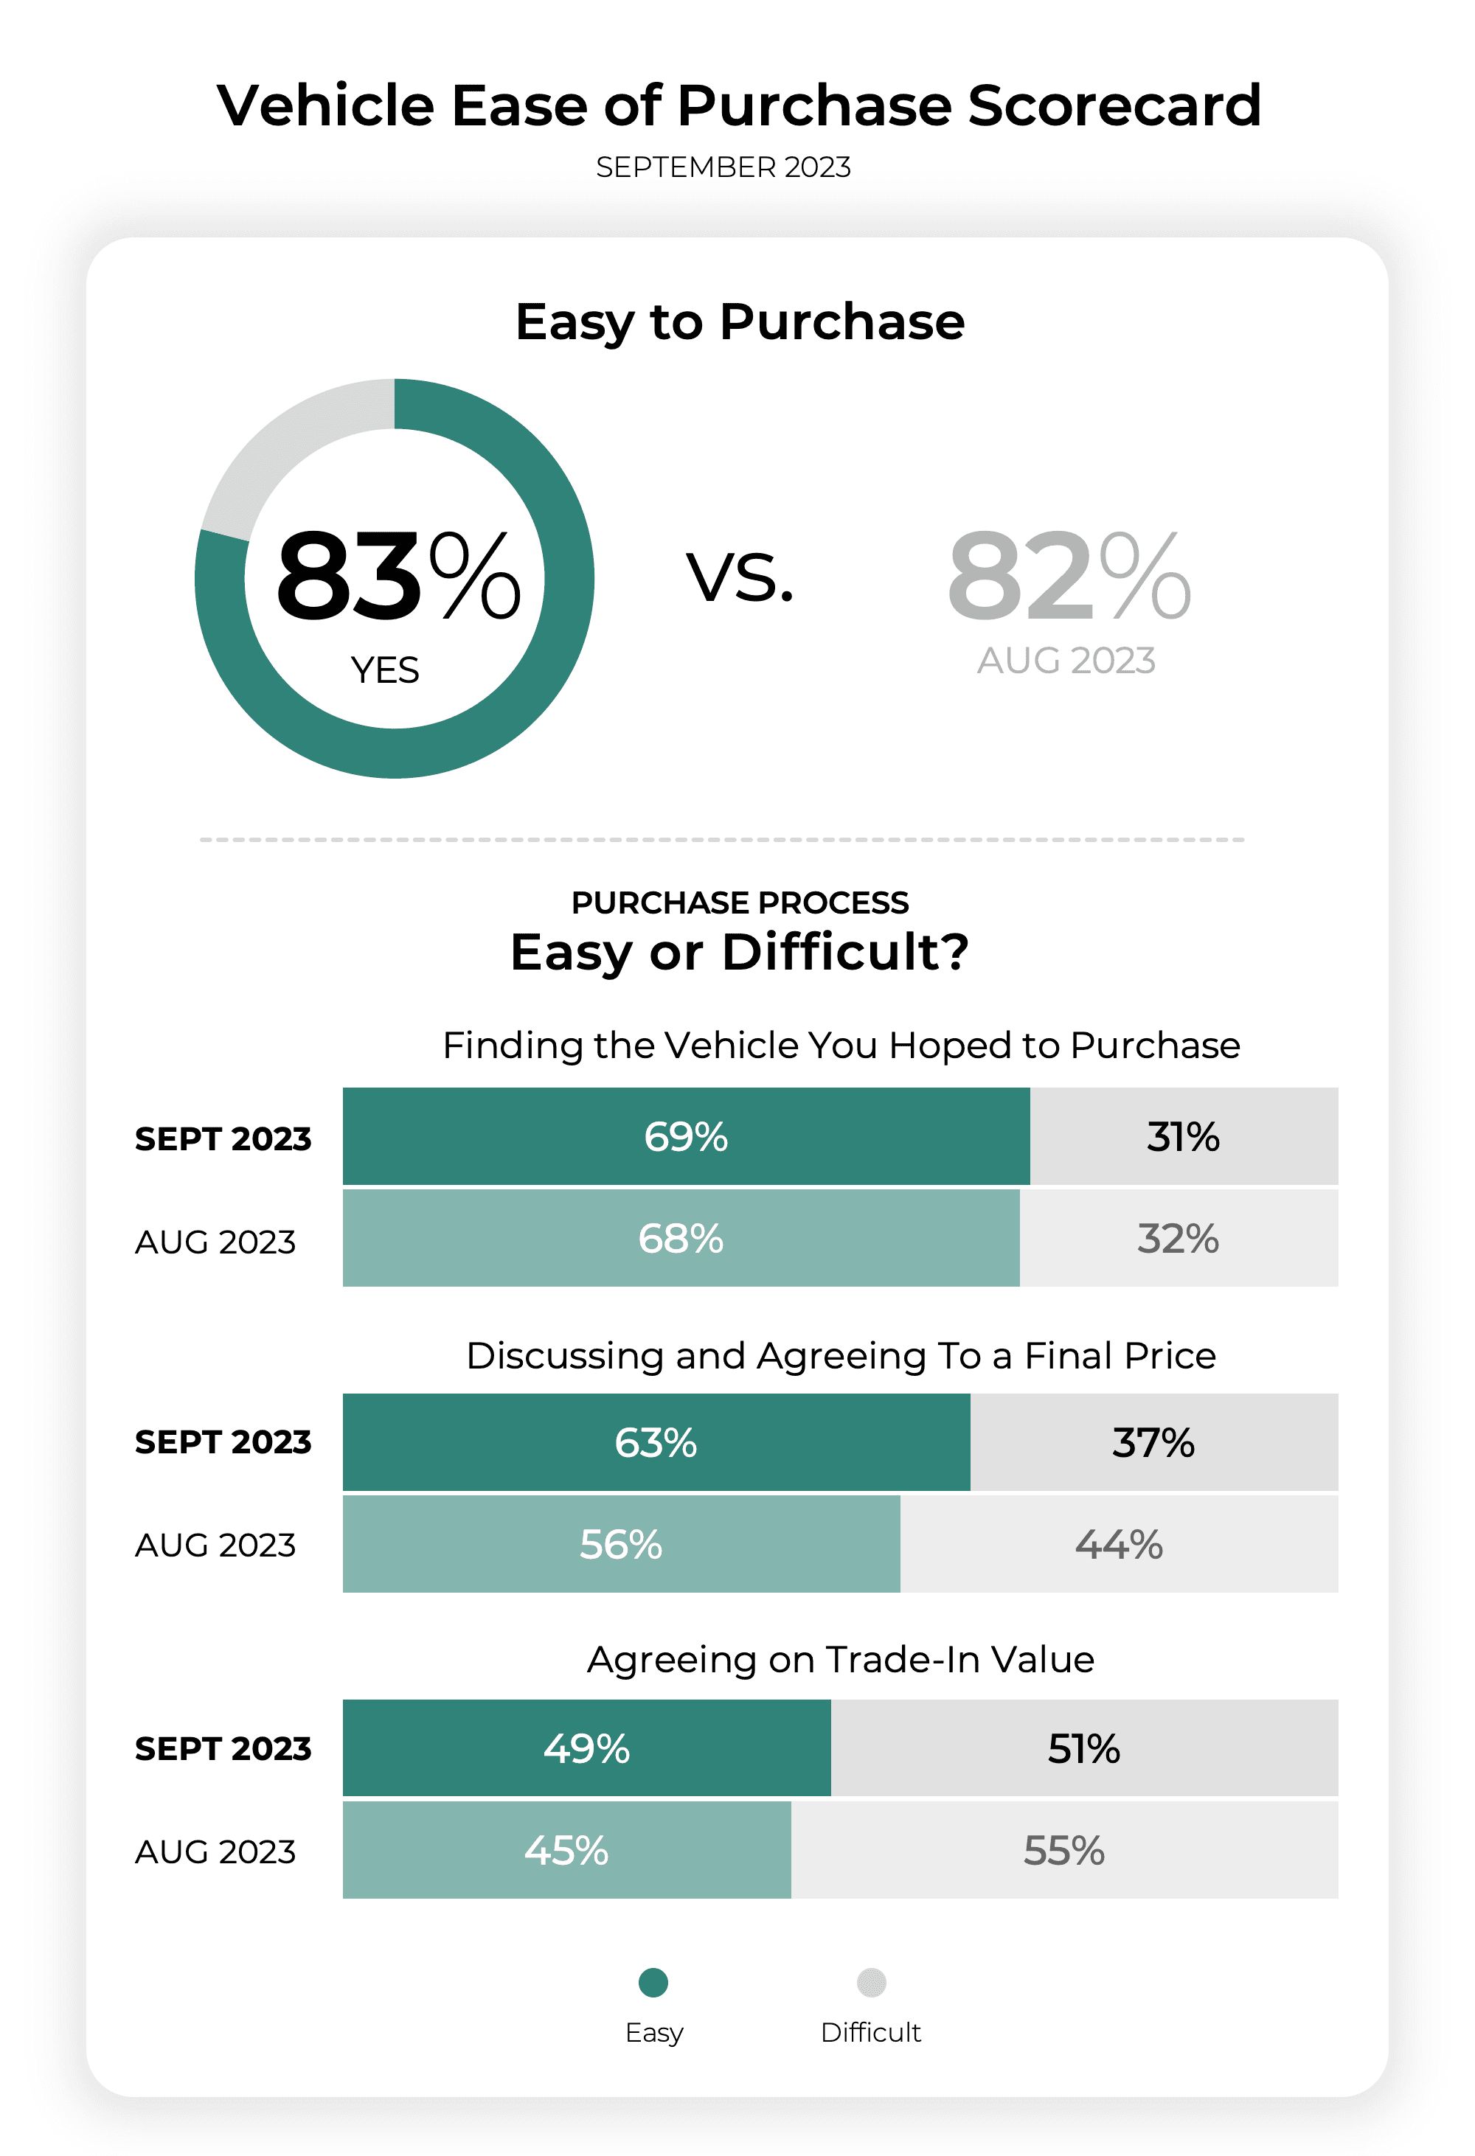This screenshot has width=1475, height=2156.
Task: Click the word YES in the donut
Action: pos(385,670)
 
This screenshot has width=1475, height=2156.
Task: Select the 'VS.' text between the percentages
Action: pos(740,577)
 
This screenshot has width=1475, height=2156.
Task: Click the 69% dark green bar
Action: pos(686,1136)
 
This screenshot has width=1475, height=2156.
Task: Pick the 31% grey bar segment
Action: pos(1183,1136)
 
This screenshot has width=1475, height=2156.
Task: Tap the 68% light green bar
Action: pos(681,1239)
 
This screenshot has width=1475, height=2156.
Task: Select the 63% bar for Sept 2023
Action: pos(656,1442)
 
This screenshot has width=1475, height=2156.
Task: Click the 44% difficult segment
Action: pos(1119,1545)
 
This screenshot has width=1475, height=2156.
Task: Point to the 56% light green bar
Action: pos(621,1545)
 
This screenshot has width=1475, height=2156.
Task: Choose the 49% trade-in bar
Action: pos(586,1749)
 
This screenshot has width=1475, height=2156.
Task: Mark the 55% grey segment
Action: pos(1064,1851)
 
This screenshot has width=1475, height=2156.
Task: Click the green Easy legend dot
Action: pos(653,1983)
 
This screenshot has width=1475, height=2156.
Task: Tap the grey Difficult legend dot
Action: pos(871,1983)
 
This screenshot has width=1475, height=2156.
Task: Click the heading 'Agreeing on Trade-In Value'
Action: pos(841,1660)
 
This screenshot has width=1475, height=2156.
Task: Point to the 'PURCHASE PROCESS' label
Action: pos(740,903)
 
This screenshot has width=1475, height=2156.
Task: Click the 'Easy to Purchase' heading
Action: pos(740,322)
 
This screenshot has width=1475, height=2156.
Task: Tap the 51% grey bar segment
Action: pos(1083,1749)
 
